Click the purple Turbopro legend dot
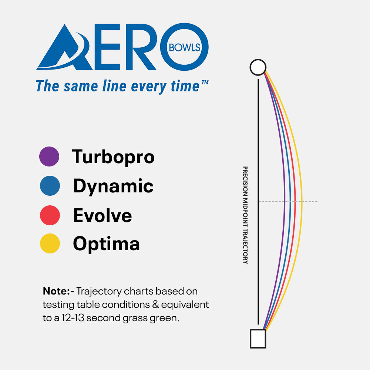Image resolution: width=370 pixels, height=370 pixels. tap(49, 157)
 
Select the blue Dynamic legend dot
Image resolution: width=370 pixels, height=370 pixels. tap(50, 186)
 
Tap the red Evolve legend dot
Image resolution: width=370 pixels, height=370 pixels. tap(50, 215)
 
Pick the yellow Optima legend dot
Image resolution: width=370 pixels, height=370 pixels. tap(50, 243)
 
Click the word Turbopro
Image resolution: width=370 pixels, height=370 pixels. tap(113, 157)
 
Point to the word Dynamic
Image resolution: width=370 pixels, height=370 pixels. tap(113, 186)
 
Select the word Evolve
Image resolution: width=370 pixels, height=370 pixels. tap(102, 215)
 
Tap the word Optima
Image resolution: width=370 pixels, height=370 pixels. tap(107, 244)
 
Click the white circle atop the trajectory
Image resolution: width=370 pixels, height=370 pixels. tap(258, 67)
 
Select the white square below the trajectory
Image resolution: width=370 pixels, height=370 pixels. tap(258, 339)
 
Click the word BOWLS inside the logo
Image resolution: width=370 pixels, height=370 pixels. tap(185, 48)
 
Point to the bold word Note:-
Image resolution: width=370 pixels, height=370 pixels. tap(58, 291)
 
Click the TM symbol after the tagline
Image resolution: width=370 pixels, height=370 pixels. tap(205, 82)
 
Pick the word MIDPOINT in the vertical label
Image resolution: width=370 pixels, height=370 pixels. tap(245, 212)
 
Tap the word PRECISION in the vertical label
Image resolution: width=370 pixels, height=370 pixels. tap(245, 181)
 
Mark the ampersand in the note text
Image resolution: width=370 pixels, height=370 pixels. tap(155, 305)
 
